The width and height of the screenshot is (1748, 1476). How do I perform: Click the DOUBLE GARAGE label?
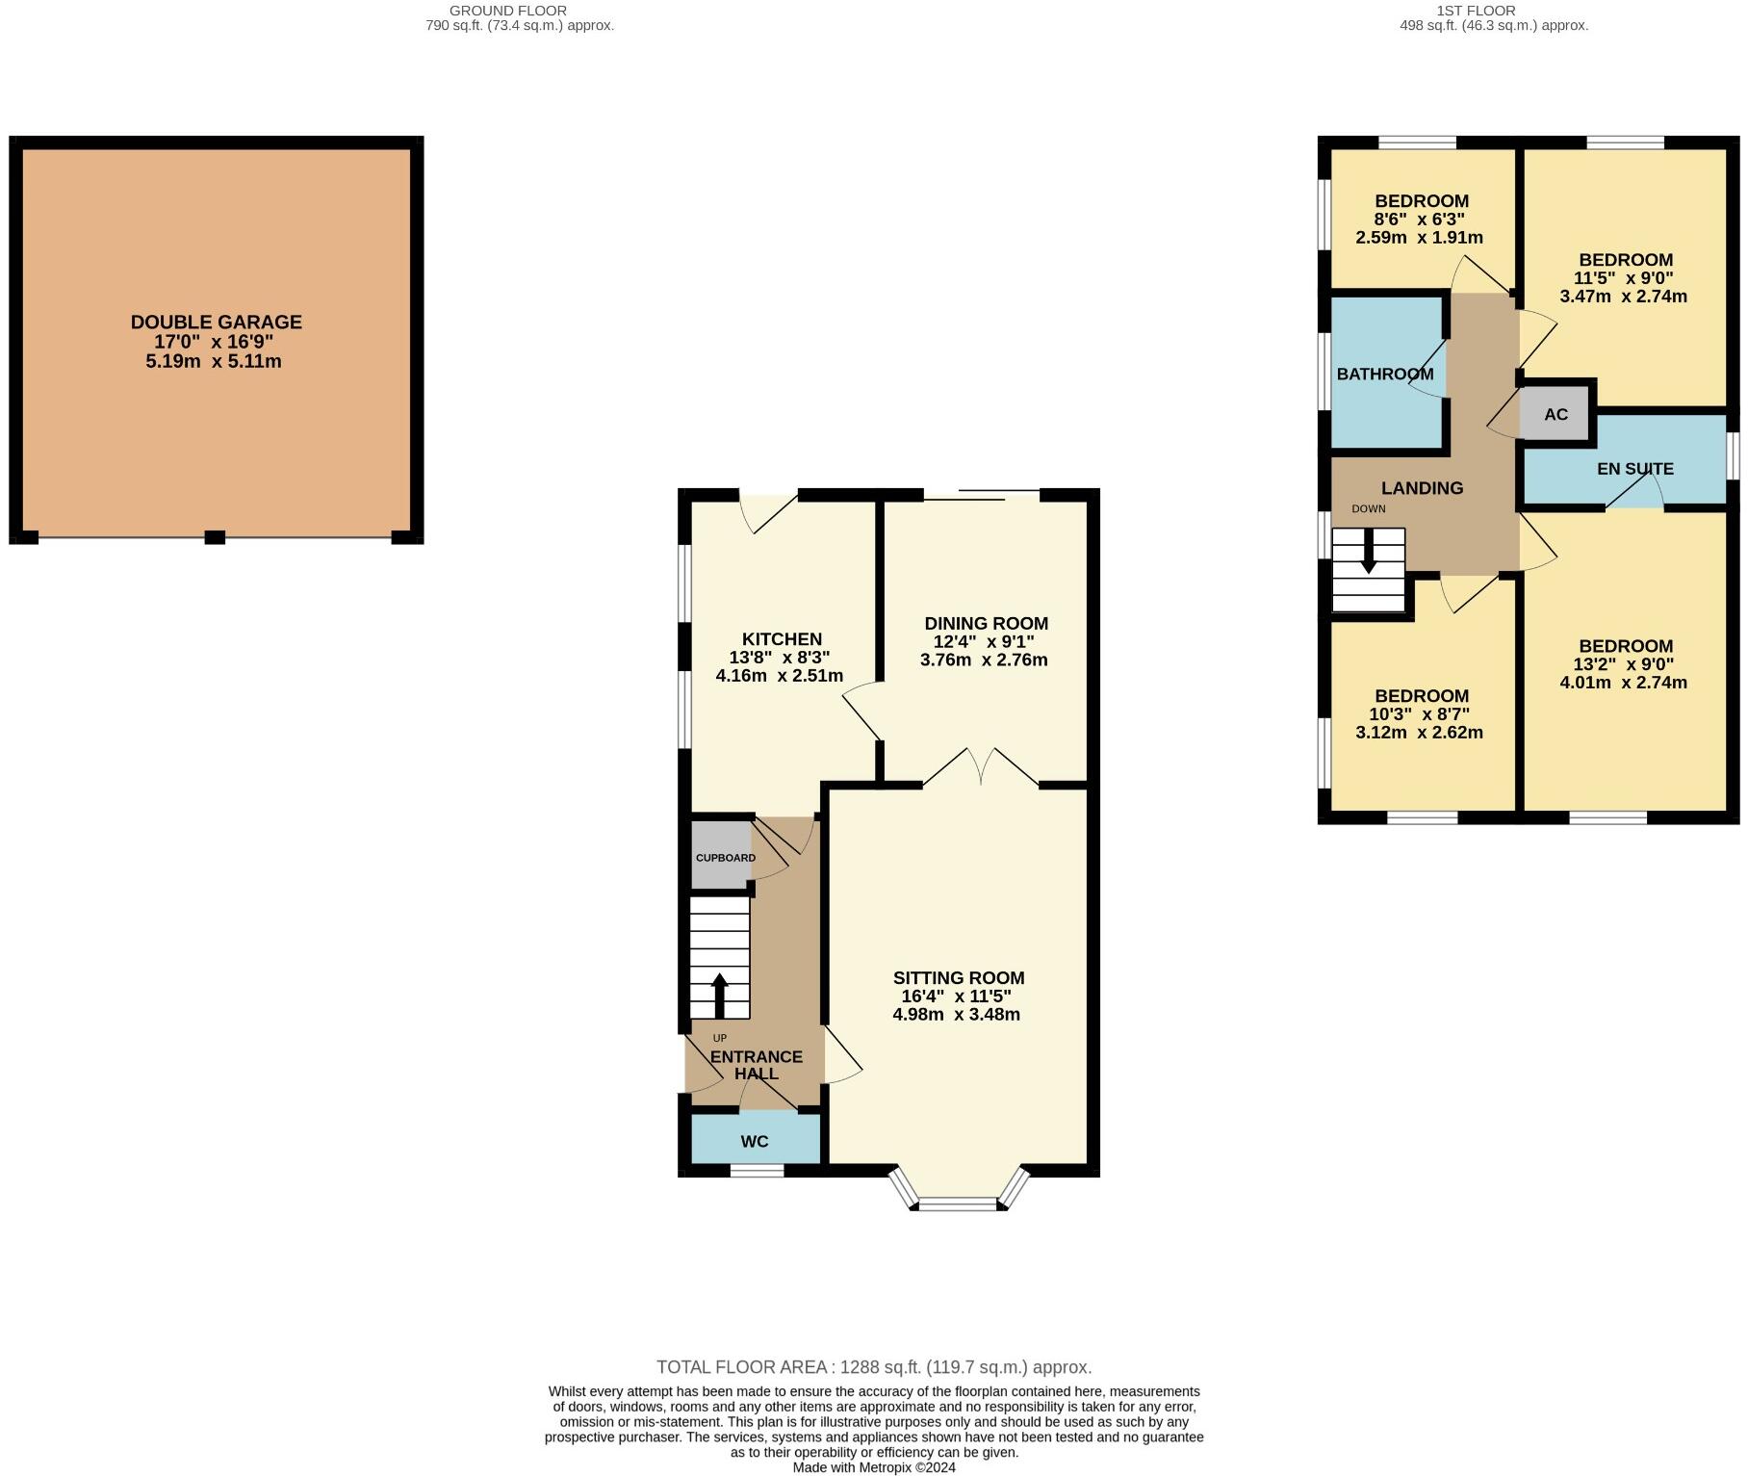pos(216,323)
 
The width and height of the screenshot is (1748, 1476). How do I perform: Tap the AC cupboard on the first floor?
pos(1555,415)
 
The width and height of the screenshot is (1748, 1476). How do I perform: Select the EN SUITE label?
pos(1634,469)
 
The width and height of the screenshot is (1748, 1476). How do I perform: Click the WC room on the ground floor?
pos(755,1142)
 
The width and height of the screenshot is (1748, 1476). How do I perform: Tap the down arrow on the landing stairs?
pos(1368,553)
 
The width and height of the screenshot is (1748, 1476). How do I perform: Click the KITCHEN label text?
pos(782,639)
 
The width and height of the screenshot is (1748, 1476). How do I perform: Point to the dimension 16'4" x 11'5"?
pos(957,997)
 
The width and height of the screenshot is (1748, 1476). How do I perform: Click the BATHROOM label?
pos(1384,375)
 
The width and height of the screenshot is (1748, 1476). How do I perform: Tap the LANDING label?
pos(1422,488)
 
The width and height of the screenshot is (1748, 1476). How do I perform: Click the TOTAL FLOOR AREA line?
pos(873,1367)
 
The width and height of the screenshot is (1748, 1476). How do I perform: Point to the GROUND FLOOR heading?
pos(507,11)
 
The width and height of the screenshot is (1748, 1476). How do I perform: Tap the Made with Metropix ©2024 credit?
pos(873,1467)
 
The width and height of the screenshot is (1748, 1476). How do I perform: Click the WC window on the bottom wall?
pos(757,1171)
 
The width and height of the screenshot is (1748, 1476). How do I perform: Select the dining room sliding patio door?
pos(981,496)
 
